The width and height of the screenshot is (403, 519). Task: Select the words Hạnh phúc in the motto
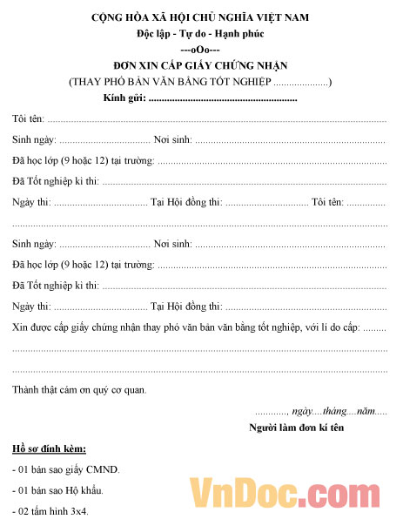coord(240,34)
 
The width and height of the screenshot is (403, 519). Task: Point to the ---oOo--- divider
coord(200,50)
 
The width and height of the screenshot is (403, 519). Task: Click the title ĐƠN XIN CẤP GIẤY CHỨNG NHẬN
coord(200,65)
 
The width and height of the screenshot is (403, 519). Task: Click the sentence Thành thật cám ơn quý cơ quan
coord(79,389)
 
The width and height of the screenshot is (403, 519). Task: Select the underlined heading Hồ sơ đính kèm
coord(49,449)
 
